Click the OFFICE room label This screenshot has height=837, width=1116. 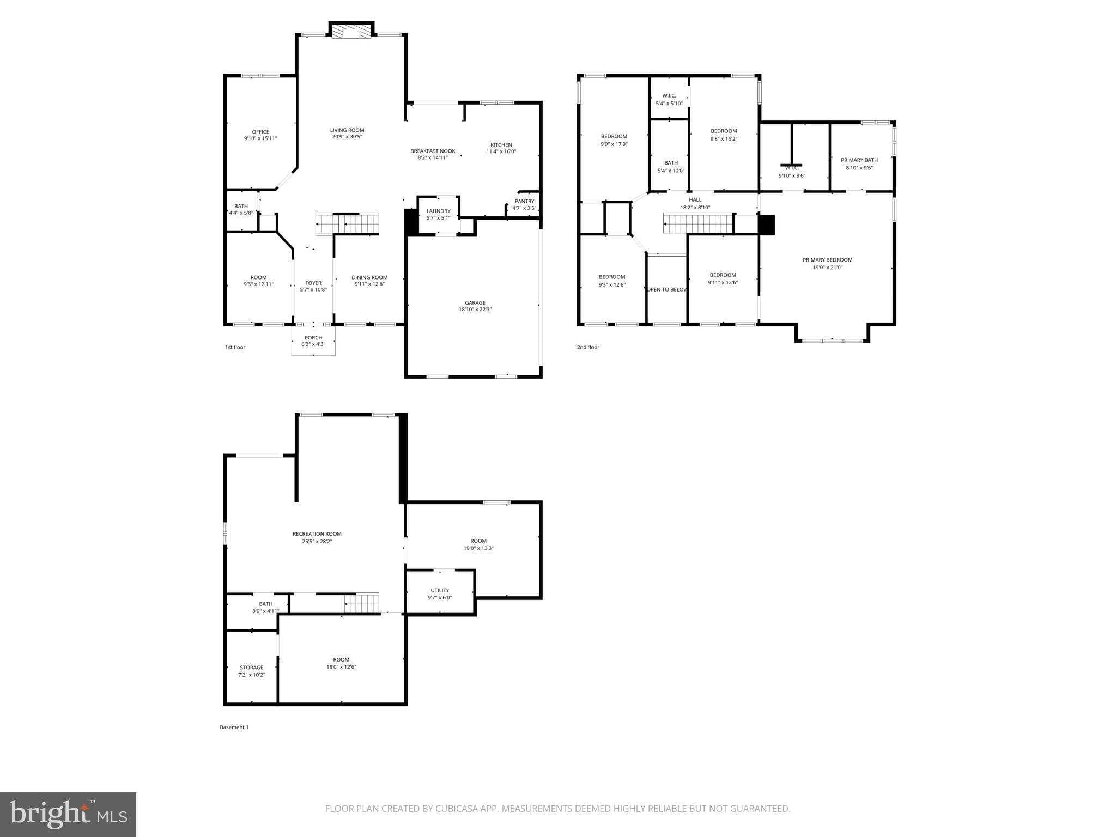[260, 132]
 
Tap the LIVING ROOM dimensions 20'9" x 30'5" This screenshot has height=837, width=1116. [347, 137]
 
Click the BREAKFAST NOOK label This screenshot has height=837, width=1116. [433, 151]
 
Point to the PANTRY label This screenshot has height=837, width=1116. [524, 201]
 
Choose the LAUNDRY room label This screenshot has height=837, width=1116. [438, 211]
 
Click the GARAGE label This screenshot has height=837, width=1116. [475, 303]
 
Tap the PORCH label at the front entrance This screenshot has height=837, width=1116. [313, 338]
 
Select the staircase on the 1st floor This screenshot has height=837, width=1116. [347, 223]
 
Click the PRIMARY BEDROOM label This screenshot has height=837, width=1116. [827, 260]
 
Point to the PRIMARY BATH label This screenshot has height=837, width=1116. [859, 160]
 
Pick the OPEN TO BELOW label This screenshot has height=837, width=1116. [667, 289]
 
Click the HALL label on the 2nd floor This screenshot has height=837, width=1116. [695, 200]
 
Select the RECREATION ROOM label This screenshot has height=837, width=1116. [317, 534]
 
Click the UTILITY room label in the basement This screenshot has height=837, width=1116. [440, 590]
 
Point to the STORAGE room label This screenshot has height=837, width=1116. [251, 668]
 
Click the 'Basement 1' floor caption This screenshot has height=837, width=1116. [234, 727]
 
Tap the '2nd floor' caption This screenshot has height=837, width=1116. [588, 347]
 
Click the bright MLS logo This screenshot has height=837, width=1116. [68, 814]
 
